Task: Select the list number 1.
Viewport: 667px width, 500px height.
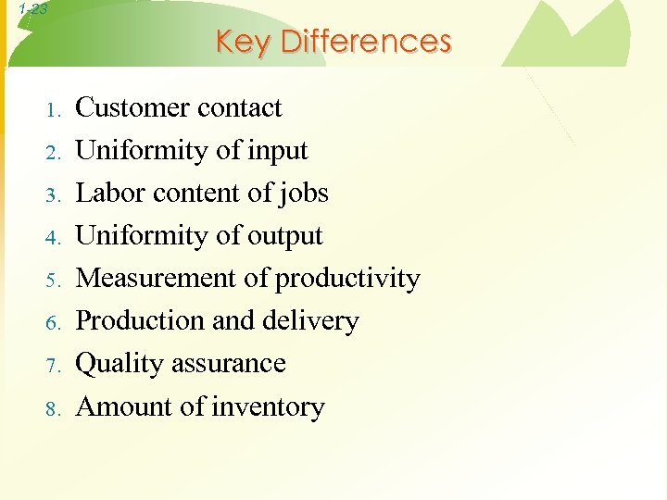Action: [54, 110]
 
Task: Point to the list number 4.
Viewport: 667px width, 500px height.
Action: [54, 238]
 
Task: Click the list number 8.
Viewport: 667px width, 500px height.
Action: [54, 408]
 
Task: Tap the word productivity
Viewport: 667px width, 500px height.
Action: [348, 279]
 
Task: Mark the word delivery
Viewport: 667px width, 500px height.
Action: [312, 321]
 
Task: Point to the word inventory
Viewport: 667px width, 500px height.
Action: [268, 407]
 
